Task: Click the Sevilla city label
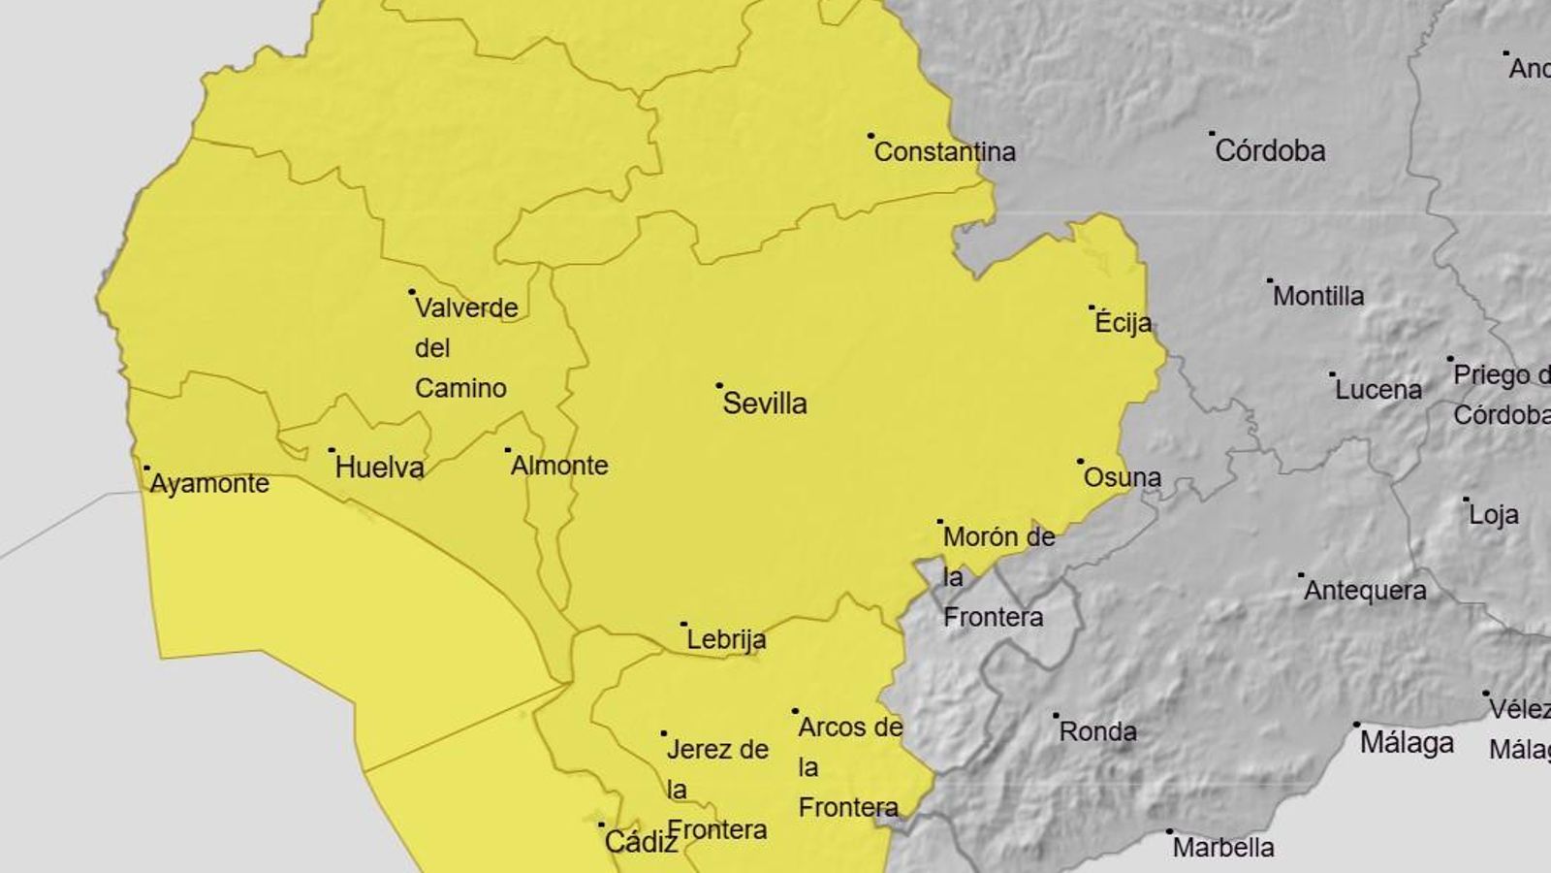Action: [x=765, y=404]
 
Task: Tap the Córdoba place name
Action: [x=1270, y=150]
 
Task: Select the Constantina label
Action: [x=945, y=151]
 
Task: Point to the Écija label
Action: [x=1124, y=323]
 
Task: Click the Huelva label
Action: [x=380, y=468]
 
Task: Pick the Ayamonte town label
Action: [x=209, y=483]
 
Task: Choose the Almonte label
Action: [x=559, y=466]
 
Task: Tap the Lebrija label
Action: [x=726, y=639]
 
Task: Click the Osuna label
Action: [x=1122, y=477]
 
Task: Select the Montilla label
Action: [x=1318, y=296]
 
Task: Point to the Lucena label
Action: [x=1378, y=390]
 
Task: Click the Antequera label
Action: [x=1365, y=591]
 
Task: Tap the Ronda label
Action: [x=1097, y=731]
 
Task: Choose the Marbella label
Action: [x=1223, y=848]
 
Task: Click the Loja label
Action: [x=1494, y=515]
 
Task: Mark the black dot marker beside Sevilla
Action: [x=719, y=386]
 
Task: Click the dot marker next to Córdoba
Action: [x=1212, y=134]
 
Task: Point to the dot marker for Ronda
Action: [x=1057, y=716]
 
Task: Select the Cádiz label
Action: [x=641, y=842]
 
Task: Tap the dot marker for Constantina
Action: [x=870, y=136]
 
